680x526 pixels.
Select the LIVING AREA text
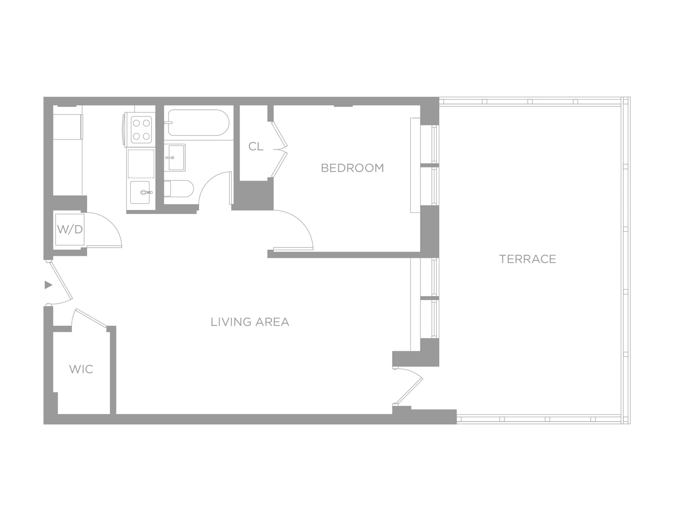250,322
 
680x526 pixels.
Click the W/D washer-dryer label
70,229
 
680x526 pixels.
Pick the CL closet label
256,146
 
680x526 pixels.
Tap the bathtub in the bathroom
199,123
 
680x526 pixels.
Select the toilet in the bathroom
179,189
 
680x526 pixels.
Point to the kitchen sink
140,192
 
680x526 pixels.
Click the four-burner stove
141,129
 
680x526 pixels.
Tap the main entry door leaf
61,281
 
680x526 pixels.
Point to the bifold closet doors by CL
279,150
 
